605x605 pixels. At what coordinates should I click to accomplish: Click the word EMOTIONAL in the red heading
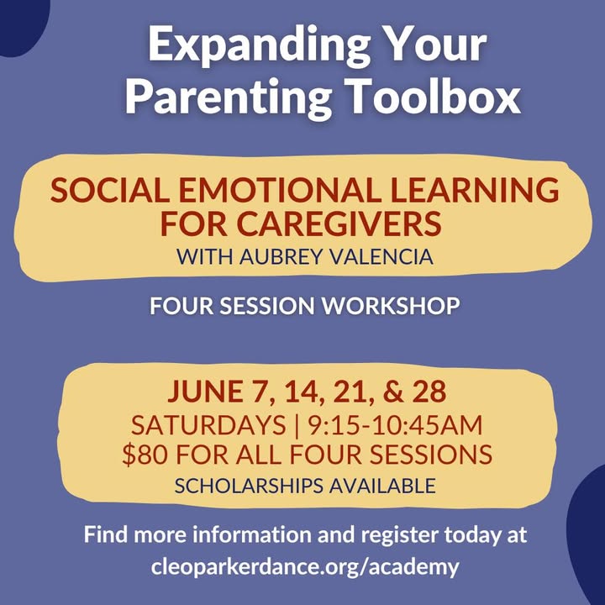(x=280, y=190)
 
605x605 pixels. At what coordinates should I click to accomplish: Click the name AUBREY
(x=281, y=256)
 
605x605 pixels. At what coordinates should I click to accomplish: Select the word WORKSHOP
(x=391, y=306)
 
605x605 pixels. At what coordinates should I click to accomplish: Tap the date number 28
(x=429, y=392)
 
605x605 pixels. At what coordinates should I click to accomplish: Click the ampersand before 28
(x=393, y=392)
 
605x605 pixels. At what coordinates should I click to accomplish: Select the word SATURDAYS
(x=208, y=425)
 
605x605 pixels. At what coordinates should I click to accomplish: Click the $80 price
(x=145, y=454)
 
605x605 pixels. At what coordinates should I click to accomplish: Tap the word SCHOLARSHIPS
(x=249, y=486)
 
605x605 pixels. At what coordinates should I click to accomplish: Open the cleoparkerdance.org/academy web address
(x=305, y=567)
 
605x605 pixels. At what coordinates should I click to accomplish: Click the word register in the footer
(x=400, y=535)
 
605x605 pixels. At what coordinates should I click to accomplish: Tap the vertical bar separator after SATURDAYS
(x=297, y=425)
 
